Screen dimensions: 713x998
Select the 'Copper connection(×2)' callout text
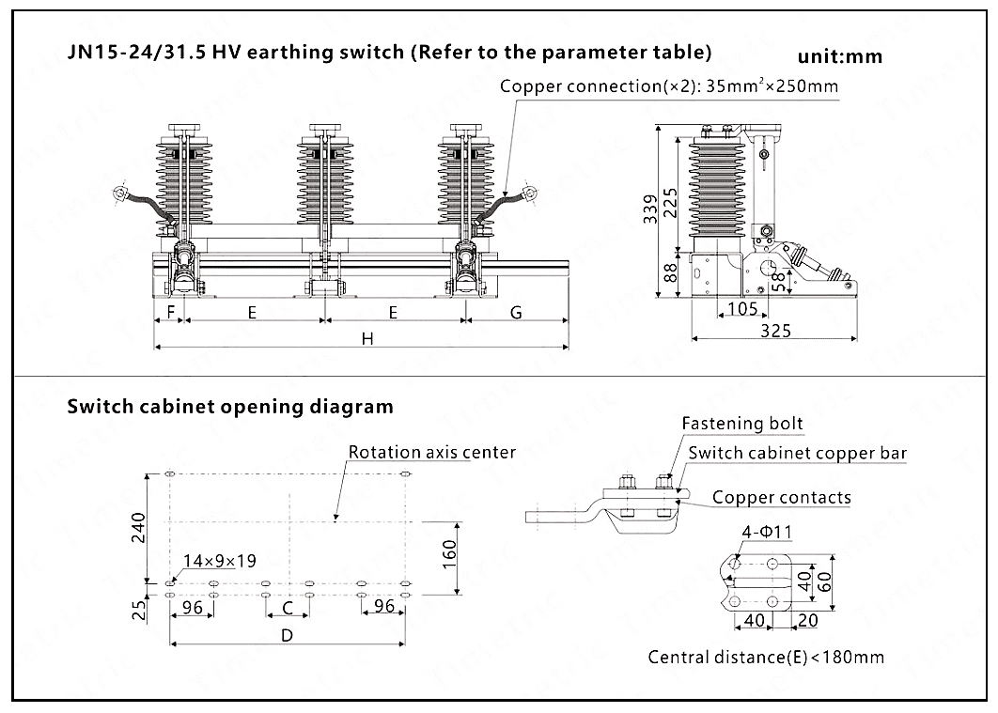point(668,86)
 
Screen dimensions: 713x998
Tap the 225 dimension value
point(670,200)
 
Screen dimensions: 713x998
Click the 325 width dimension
point(775,331)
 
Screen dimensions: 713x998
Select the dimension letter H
point(368,339)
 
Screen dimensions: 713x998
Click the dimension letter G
point(516,313)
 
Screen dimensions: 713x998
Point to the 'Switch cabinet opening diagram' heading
point(230,407)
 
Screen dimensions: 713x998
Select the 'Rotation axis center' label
point(431,452)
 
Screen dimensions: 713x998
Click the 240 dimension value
point(138,530)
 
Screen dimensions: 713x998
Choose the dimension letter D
point(288,634)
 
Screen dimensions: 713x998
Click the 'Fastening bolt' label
point(742,424)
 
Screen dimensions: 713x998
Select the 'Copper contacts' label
point(781,497)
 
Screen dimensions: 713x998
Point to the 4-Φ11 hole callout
point(766,532)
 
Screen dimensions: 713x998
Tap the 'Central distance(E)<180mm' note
point(765,657)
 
